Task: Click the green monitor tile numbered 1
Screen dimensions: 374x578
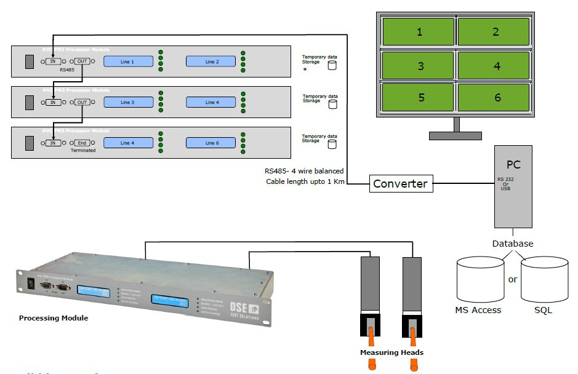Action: pos(419,31)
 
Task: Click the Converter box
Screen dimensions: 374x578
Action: pos(400,184)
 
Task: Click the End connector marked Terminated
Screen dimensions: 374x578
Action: pos(83,143)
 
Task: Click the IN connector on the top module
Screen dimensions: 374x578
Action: pos(53,62)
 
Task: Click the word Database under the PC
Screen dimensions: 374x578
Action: pos(512,244)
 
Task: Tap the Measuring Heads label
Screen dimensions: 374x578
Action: pos(391,352)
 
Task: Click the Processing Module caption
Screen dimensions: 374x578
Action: pos(54,318)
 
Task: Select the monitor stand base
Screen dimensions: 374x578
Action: pos(456,135)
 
